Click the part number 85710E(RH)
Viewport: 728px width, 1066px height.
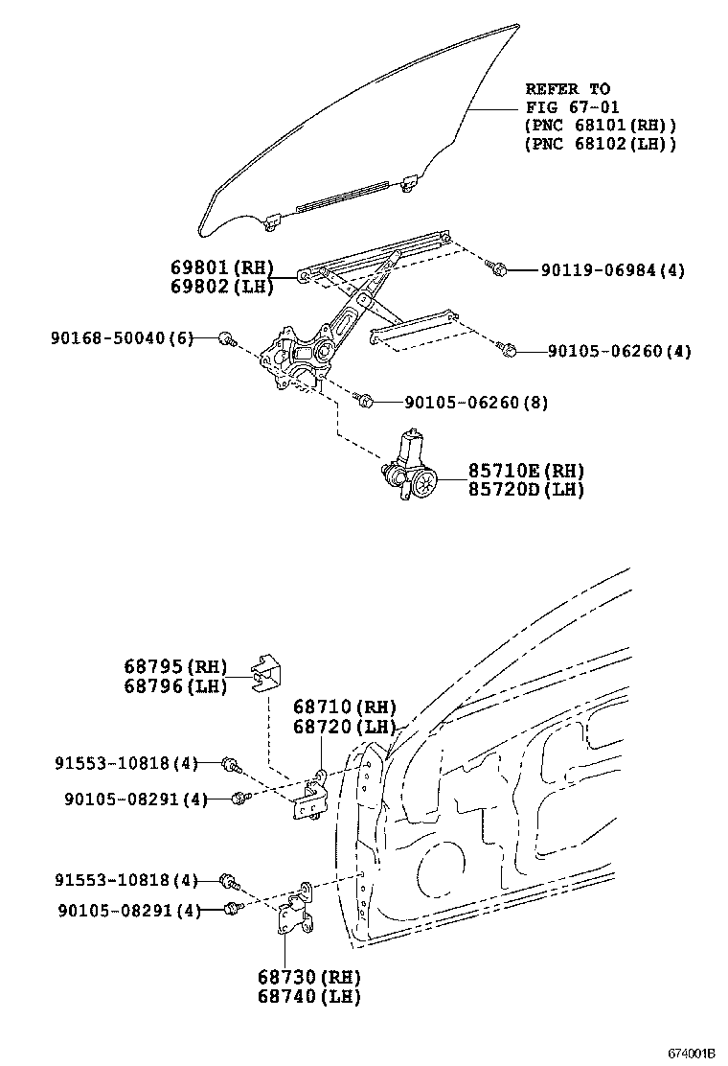(x=526, y=471)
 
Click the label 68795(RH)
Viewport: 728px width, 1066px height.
(x=172, y=667)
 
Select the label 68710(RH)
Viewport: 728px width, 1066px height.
(x=344, y=707)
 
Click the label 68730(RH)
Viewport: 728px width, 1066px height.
(x=307, y=979)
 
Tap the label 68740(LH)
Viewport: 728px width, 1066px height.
(x=307, y=996)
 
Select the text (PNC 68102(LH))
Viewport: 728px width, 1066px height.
(x=601, y=143)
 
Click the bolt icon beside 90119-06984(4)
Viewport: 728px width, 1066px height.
(x=497, y=267)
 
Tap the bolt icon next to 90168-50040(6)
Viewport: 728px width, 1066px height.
(x=227, y=338)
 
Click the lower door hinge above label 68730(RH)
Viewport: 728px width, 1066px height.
(x=296, y=911)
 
